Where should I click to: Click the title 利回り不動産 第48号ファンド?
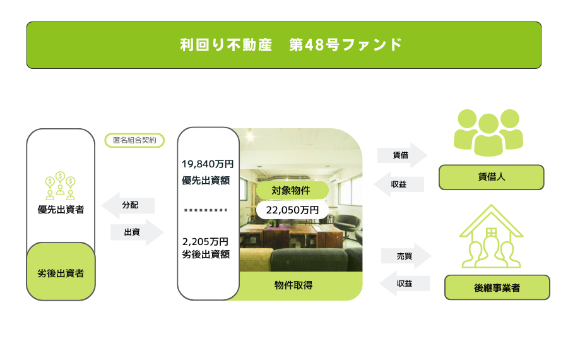tap(291, 45)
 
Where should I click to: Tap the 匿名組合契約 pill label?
tap(134, 140)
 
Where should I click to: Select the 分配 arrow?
tap(128, 205)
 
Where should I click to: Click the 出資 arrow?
tap(137, 232)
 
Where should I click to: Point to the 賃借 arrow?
tap(402, 155)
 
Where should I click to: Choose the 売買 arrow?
tap(406, 256)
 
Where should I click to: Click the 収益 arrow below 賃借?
tap(399, 184)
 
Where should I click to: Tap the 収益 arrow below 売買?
tap(405, 284)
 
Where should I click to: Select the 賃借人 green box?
tap(491, 177)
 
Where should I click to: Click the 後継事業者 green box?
tap(497, 287)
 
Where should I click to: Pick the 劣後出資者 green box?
tap(61, 272)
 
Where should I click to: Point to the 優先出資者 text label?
tap(61, 210)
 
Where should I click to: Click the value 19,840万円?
tap(208, 164)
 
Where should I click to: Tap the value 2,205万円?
tap(205, 242)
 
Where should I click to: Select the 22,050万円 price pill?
tap(292, 210)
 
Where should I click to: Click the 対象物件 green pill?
tap(292, 190)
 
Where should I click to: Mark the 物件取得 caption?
tap(293, 285)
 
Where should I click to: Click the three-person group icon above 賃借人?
tap(488, 133)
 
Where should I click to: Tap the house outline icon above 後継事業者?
tap(491, 236)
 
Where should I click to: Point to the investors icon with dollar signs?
tap(61, 186)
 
